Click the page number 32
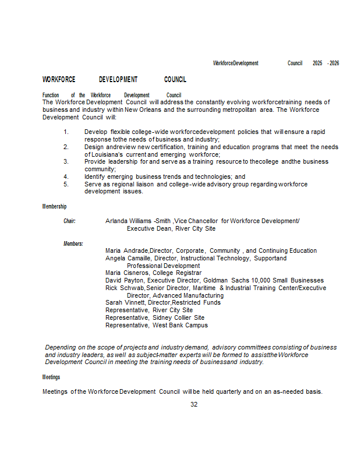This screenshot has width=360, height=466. point(194,404)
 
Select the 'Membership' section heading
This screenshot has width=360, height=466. point(54,206)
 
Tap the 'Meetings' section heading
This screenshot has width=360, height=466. point(51,377)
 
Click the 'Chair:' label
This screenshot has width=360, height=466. point(69,221)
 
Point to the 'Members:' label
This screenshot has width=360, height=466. point(73,243)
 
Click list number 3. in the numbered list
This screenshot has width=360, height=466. point(66,161)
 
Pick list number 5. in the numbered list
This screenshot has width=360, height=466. point(66,184)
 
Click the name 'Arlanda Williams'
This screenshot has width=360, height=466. point(128,221)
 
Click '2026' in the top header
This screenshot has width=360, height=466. point(334,63)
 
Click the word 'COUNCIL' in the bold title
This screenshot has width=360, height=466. point(175,79)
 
